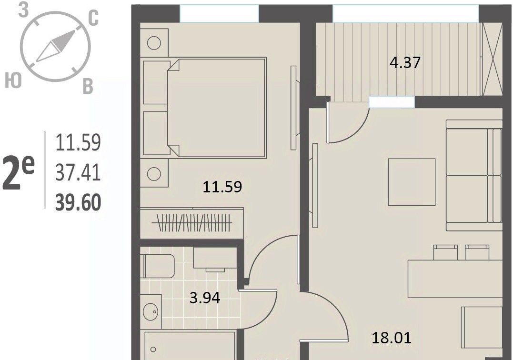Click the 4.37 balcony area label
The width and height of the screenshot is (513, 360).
coord(405,62)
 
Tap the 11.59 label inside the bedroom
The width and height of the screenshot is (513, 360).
coord(222,187)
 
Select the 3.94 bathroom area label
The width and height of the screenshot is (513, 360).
coord(205,298)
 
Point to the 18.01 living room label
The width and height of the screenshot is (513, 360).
coord(392,338)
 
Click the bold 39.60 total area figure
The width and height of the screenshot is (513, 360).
coord(78,203)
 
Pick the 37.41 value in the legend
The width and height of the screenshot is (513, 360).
coord(78,173)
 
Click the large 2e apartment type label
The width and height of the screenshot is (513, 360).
coord(19,173)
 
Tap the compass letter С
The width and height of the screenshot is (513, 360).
coord(93,18)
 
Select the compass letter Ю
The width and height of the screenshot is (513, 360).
coord(13,80)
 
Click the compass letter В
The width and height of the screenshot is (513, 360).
coord(88,86)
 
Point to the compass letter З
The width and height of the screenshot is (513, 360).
coord(23,11)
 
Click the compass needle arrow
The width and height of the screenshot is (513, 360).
coord(56,46)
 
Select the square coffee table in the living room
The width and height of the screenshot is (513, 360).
coord(412,182)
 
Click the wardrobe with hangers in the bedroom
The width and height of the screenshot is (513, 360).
coord(192,223)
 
